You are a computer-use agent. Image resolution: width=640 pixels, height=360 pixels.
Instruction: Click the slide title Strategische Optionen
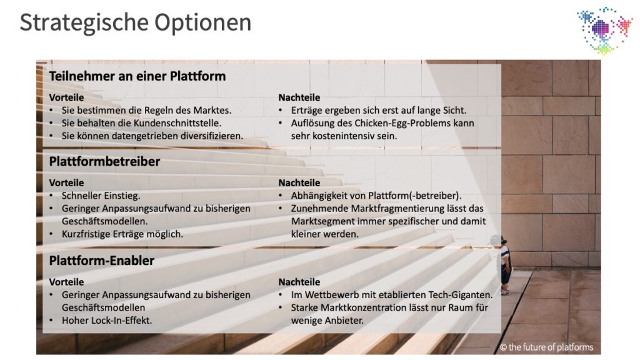136,23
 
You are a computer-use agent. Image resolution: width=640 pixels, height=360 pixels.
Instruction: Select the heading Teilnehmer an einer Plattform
137,76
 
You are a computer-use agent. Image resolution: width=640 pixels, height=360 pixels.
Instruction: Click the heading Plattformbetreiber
104,162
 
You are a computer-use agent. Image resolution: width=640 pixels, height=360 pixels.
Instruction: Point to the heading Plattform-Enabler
102,261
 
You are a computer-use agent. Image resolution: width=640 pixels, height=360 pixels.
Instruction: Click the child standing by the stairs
502,264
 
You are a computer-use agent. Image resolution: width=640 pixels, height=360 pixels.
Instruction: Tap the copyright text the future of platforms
546,347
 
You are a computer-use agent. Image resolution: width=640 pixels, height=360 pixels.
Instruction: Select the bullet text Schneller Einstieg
101,196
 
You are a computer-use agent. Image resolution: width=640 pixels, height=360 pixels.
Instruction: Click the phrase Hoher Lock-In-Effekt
107,321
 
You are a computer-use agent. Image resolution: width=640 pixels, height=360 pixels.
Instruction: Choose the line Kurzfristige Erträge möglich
122,234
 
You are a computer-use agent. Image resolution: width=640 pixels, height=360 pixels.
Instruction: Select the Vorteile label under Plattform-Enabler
66,282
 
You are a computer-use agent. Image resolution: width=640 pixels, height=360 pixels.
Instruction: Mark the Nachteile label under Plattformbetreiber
299,183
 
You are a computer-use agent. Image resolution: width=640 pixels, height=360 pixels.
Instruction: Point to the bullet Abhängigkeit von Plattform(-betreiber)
376,196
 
